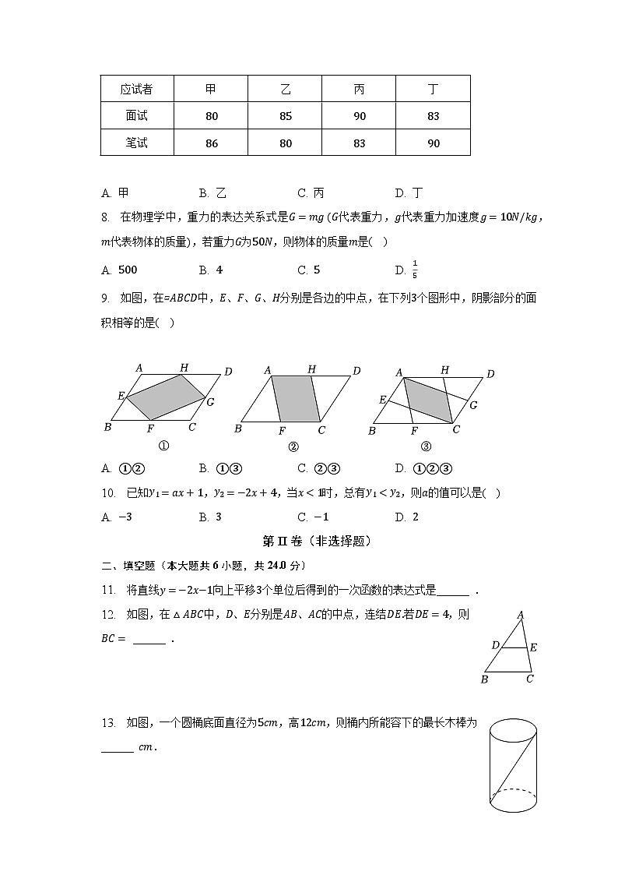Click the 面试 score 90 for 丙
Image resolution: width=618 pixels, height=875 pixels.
[x=359, y=116]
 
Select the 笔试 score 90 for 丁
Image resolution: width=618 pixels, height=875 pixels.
[x=434, y=143]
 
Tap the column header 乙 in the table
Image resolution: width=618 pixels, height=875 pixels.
[x=286, y=90]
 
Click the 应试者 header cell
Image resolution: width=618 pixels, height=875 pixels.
[x=136, y=90]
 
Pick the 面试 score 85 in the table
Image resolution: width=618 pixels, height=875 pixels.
[x=286, y=116]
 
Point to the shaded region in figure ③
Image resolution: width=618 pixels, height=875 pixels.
[x=427, y=398]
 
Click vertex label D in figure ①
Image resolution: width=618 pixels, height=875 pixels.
[x=228, y=372]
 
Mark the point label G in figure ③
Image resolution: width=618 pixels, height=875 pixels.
[x=473, y=405]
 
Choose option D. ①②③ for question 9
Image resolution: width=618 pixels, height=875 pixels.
[x=424, y=468]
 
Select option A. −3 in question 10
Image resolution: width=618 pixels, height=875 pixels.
[x=118, y=517]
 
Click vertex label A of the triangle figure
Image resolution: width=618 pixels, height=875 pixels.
[x=521, y=616]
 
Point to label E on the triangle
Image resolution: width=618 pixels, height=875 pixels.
[x=533, y=647]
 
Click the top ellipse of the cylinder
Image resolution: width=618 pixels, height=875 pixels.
[x=513, y=730]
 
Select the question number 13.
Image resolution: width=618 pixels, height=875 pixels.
[x=108, y=723]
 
